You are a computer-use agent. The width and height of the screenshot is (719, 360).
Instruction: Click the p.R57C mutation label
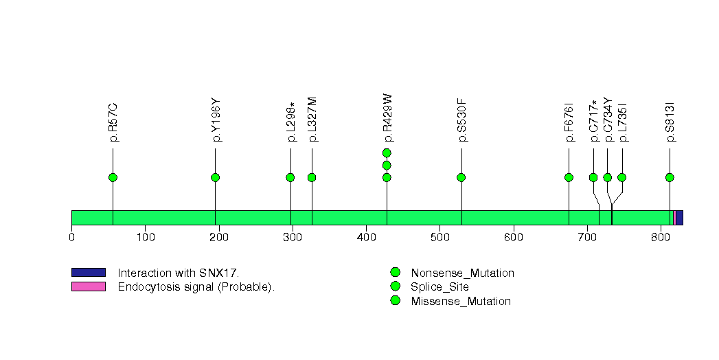(x=113, y=122)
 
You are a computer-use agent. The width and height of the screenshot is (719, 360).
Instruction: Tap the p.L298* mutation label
(x=291, y=122)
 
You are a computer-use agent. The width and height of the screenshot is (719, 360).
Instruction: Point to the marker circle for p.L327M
(x=312, y=177)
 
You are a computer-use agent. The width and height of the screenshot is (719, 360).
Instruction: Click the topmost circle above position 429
(x=387, y=153)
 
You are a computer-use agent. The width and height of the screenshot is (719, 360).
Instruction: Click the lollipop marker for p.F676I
(x=569, y=177)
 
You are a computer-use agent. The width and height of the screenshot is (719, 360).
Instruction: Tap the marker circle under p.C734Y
(x=607, y=177)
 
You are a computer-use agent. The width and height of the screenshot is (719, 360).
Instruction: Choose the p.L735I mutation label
(x=623, y=122)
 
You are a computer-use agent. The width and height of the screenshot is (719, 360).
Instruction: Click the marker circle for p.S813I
(x=670, y=177)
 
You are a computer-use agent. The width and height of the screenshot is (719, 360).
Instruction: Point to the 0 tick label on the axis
(x=71, y=238)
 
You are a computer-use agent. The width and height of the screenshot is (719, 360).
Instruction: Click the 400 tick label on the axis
(x=366, y=238)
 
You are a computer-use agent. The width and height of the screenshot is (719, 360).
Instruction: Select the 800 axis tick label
(x=661, y=238)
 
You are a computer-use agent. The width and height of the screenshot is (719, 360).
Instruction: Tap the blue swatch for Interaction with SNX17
(x=88, y=273)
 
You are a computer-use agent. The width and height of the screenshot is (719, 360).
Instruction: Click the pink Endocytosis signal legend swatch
(x=88, y=286)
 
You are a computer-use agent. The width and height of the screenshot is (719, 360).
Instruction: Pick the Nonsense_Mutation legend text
(x=462, y=273)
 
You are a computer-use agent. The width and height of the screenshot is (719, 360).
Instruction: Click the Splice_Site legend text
(x=440, y=286)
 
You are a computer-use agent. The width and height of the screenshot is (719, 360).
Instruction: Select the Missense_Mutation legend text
(x=461, y=301)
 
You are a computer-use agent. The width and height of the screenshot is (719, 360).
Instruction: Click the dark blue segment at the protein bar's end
(x=679, y=217)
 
